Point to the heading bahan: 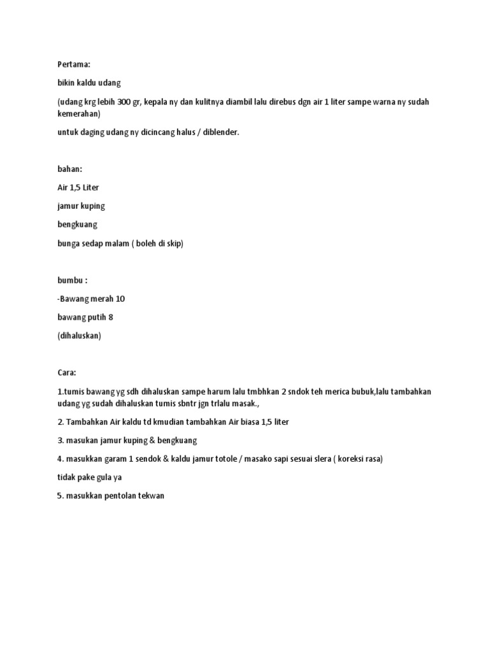pos(69,169)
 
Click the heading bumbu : pos(72,281)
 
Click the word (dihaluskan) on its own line pos(79,336)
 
